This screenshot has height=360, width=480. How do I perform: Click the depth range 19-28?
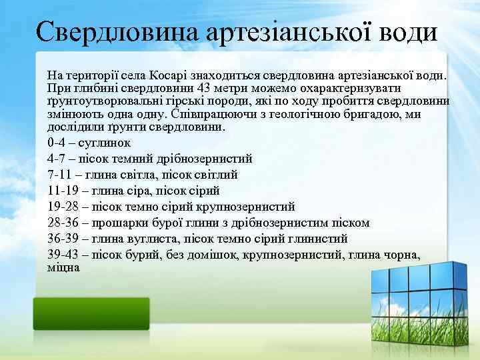click(x=64, y=207)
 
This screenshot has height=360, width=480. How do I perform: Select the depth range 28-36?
click(x=64, y=223)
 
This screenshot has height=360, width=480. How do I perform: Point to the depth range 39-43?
click(x=64, y=255)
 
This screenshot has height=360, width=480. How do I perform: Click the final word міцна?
click(x=63, y=267)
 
